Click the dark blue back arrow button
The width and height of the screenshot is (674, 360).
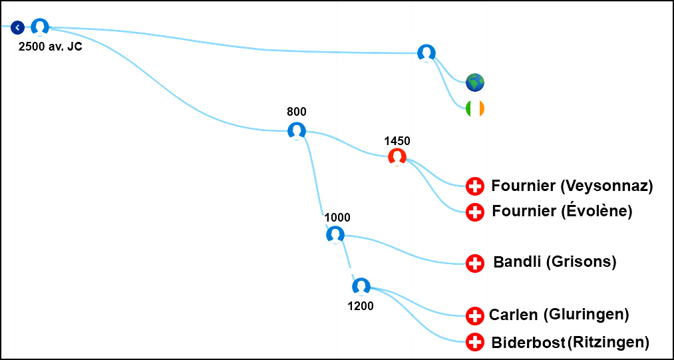[x=17, y=27]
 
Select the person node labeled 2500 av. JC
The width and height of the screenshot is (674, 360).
[x=40, y=27]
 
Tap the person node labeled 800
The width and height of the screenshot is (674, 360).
[x=297, y=130]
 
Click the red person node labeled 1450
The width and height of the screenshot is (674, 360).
[x=397, y=157]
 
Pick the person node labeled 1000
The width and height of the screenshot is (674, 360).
[x=335, y=235]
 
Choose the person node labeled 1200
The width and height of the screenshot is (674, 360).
[x=361, y=287]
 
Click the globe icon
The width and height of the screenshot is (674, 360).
[x=475, y=82]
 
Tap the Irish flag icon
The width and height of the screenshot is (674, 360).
[x=475, y=108]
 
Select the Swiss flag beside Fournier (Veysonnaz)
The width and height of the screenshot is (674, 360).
[x=475, y=186]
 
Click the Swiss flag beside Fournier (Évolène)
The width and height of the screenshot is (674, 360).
[x=475, y=212]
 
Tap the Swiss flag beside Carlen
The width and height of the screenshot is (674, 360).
[x=475, y=315]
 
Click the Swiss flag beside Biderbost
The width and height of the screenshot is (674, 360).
[x=475, y=342]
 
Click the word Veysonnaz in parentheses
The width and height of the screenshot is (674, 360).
[x=607, y=186]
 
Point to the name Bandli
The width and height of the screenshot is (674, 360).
[x=517, y=262]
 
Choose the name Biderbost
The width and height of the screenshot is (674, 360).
[x=528, y=343]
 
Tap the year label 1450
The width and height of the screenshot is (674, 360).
[x=397, y=140]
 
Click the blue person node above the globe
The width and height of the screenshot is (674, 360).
[x=426, y=53]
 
